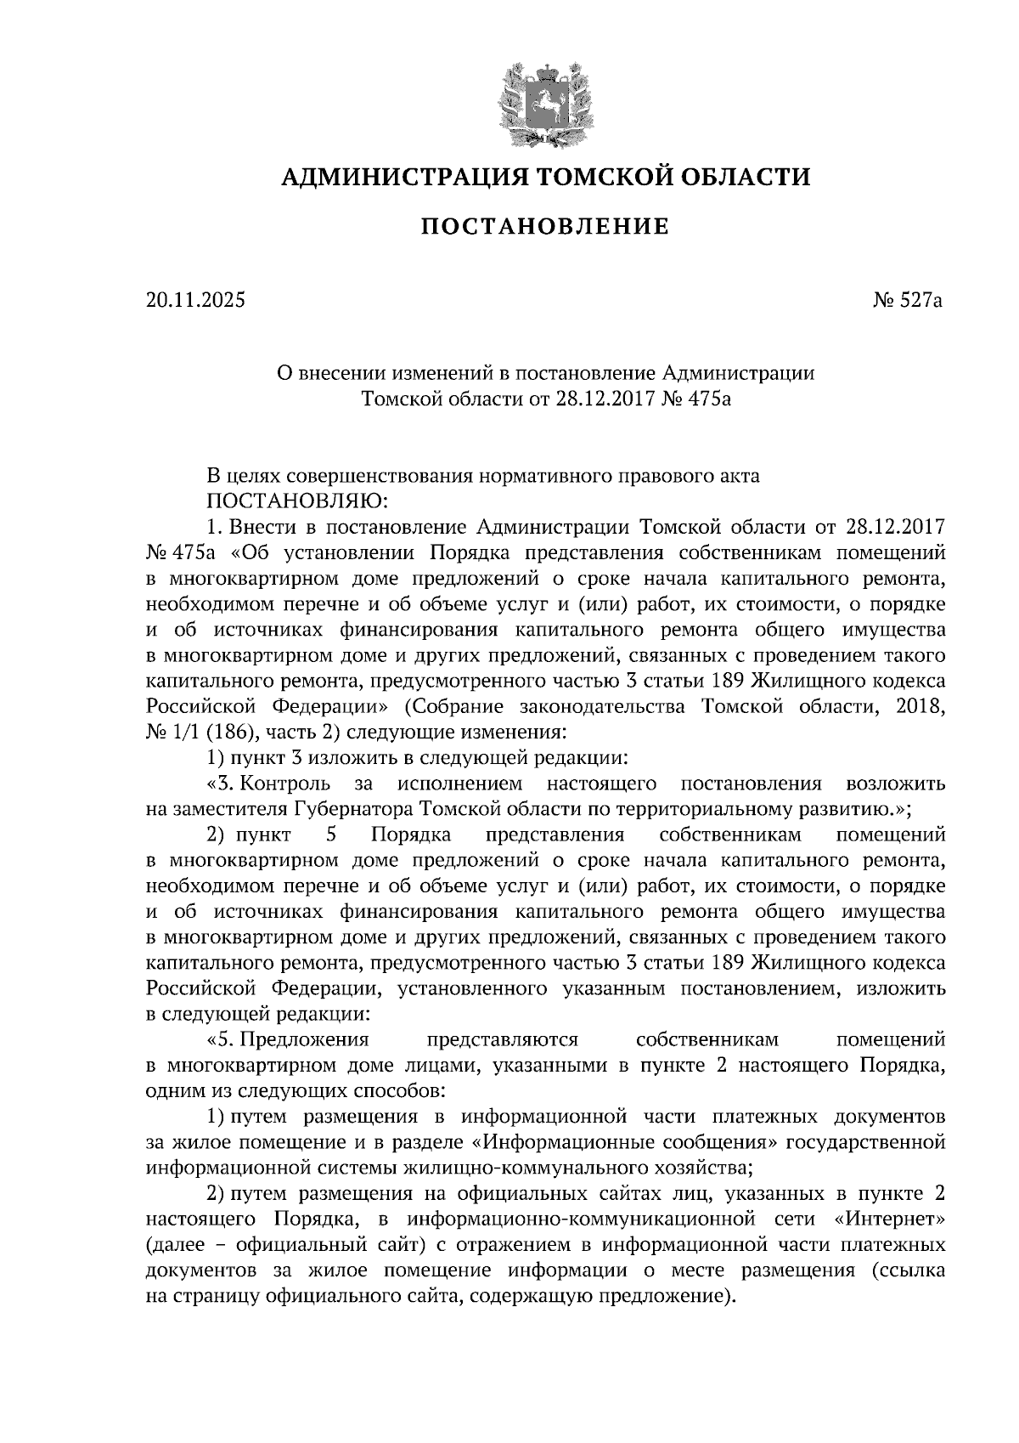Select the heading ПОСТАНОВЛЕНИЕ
(545, 227)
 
